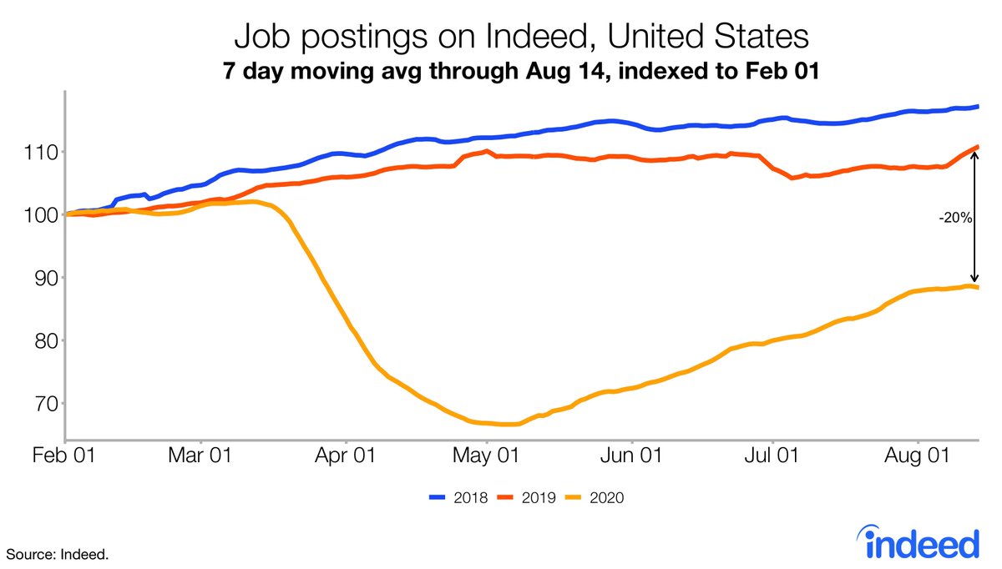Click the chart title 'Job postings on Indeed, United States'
point(521,37)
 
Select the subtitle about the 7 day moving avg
point(521,72)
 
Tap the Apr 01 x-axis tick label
point(345,456)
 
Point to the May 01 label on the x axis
point(487,456)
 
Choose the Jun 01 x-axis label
point(632,456)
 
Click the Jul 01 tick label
point(772,456)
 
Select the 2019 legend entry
point(526,498)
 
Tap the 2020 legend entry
point(594,498)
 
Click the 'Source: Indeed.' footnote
point(59,554)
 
